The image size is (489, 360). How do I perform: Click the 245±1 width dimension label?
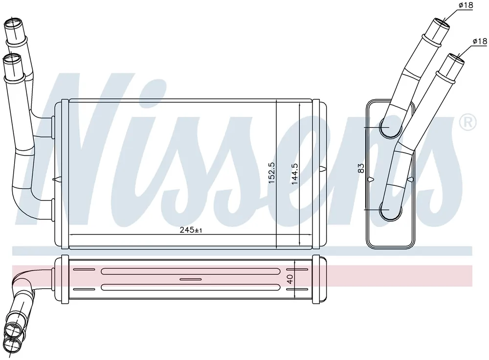point(191,230)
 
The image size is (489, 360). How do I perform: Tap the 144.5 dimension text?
point(294,174)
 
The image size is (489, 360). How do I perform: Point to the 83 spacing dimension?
point(361,168)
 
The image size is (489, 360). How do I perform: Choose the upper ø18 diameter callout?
point(466,5)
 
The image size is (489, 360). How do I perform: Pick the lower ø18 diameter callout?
point(480,41)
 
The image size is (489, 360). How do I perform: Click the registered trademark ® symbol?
point(468,122)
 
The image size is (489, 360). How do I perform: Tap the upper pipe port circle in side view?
point(390,127)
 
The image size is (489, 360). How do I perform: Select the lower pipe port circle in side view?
point(390,210)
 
